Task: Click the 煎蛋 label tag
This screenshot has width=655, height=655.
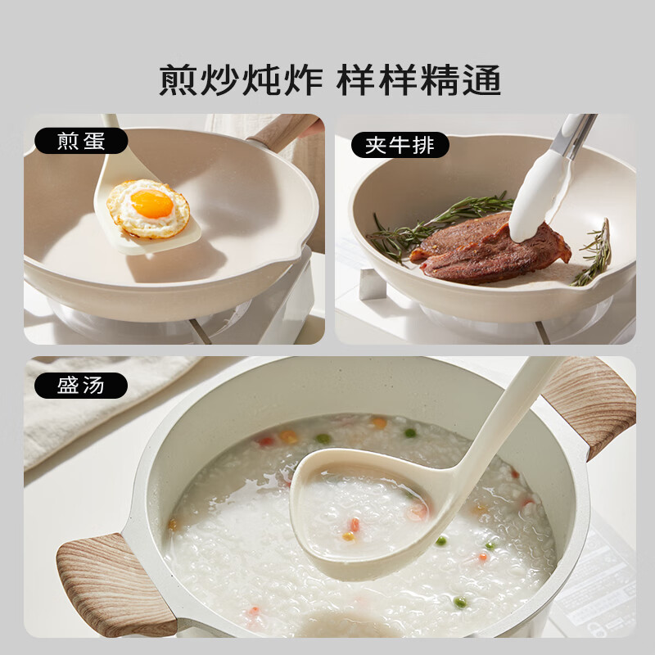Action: coord(81,141)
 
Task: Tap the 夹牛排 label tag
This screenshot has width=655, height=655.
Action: coord(400,145)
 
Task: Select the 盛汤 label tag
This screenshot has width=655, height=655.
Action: coord(81,385)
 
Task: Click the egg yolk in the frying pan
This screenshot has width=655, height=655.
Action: coord(151,204)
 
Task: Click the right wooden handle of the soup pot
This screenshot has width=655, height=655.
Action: coord(591,401)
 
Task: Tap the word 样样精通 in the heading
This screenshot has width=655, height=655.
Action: coord(418,80)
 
